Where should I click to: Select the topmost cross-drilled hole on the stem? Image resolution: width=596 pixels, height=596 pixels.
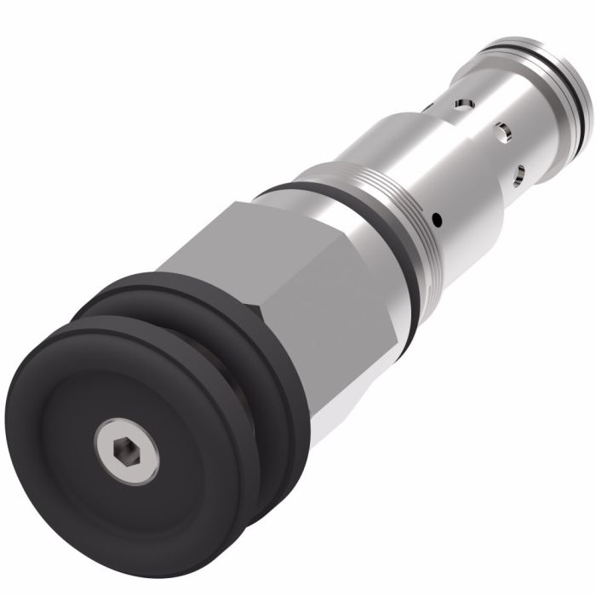click(461, 105)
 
